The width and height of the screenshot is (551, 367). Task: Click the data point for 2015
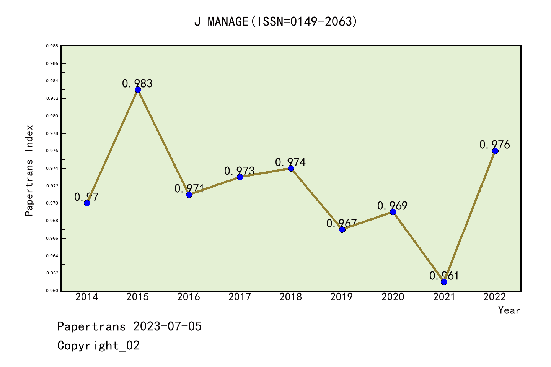tap(138, 89)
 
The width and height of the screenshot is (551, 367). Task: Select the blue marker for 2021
tap(444, 282)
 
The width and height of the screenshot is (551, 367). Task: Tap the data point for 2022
tap(495, 151)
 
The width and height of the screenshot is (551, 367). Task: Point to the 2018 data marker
tap(291, 168)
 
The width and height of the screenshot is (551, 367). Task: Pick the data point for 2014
tap(87, 203)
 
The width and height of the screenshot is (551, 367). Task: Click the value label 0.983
tap(137, 83)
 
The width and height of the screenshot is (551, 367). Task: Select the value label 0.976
tap(494, 145)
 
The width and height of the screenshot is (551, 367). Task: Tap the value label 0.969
tap(392, 206)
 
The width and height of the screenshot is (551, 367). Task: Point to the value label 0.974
tap(290, 162)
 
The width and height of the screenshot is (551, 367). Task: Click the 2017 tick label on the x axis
tap(240, 297)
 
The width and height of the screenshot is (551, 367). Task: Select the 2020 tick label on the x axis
tap(393, 297)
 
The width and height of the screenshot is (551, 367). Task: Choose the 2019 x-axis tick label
tap(342, 297)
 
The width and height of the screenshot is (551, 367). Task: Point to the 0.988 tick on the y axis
tap(52, 46)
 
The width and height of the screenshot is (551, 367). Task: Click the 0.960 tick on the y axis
tap(52, 291)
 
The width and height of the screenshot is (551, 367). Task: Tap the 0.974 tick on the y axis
tap(52, 168)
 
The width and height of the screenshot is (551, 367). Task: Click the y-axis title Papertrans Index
tap(29, 171)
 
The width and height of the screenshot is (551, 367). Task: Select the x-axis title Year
tap(509, 310)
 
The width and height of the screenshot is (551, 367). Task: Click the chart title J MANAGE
tap(275, 21)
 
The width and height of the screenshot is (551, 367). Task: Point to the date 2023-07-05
tap(167, 326)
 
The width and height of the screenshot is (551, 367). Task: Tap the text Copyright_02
tap(98, 346)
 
